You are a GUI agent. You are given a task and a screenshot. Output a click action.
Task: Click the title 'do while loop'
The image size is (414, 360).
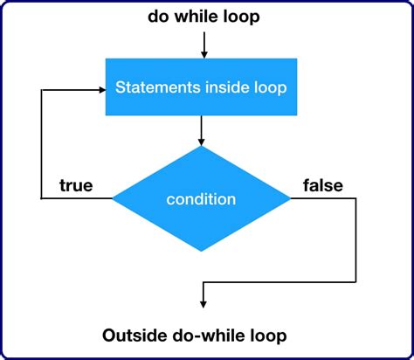click(x=203, y=17)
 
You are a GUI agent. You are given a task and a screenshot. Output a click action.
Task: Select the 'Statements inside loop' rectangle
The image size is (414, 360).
click(x=203, y=87)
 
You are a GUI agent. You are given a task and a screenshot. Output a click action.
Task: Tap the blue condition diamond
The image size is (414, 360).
click(x=202, y=199)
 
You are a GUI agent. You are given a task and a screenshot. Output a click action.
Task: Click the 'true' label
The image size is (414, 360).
click(x=76, y=185)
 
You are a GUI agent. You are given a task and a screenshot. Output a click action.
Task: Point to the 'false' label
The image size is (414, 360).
click(x=322, y=185)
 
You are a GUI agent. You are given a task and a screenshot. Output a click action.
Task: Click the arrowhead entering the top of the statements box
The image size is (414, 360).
click(x=203, y=54)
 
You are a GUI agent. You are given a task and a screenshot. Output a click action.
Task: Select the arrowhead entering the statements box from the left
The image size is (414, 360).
click(x=100, y=87)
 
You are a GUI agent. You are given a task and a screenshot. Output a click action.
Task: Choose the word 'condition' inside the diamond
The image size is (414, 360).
click(x=202, y=199)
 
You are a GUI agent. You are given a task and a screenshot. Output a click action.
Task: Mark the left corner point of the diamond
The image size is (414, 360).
click(x=114, y=199)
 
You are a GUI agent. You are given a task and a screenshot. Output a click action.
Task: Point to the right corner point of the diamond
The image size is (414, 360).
click(x=291, y=199)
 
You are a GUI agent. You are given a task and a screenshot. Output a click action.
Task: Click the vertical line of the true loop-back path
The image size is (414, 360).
click(x=42, y=144)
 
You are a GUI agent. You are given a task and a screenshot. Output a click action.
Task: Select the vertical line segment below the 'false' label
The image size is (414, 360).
click(x=356, y=240)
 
